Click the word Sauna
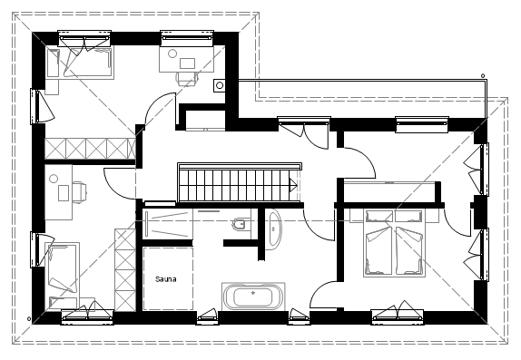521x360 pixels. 166,279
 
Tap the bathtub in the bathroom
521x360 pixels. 253,296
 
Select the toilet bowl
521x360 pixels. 240,224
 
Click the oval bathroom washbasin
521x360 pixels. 274,229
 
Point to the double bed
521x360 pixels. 394,243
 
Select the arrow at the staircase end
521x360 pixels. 292,185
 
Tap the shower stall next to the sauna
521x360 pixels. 168,224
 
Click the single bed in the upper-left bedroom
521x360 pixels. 80,63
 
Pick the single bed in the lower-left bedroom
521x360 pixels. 62,277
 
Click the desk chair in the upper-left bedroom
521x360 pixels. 187,78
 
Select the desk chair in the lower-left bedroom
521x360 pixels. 79,192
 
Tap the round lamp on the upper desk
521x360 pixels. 172,54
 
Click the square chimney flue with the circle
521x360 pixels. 220,85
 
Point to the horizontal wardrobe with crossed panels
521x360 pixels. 90,149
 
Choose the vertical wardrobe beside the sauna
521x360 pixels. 125,270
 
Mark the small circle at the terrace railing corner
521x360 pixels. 483,76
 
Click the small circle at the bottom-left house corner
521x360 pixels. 29,319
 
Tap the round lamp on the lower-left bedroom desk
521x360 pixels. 54,179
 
